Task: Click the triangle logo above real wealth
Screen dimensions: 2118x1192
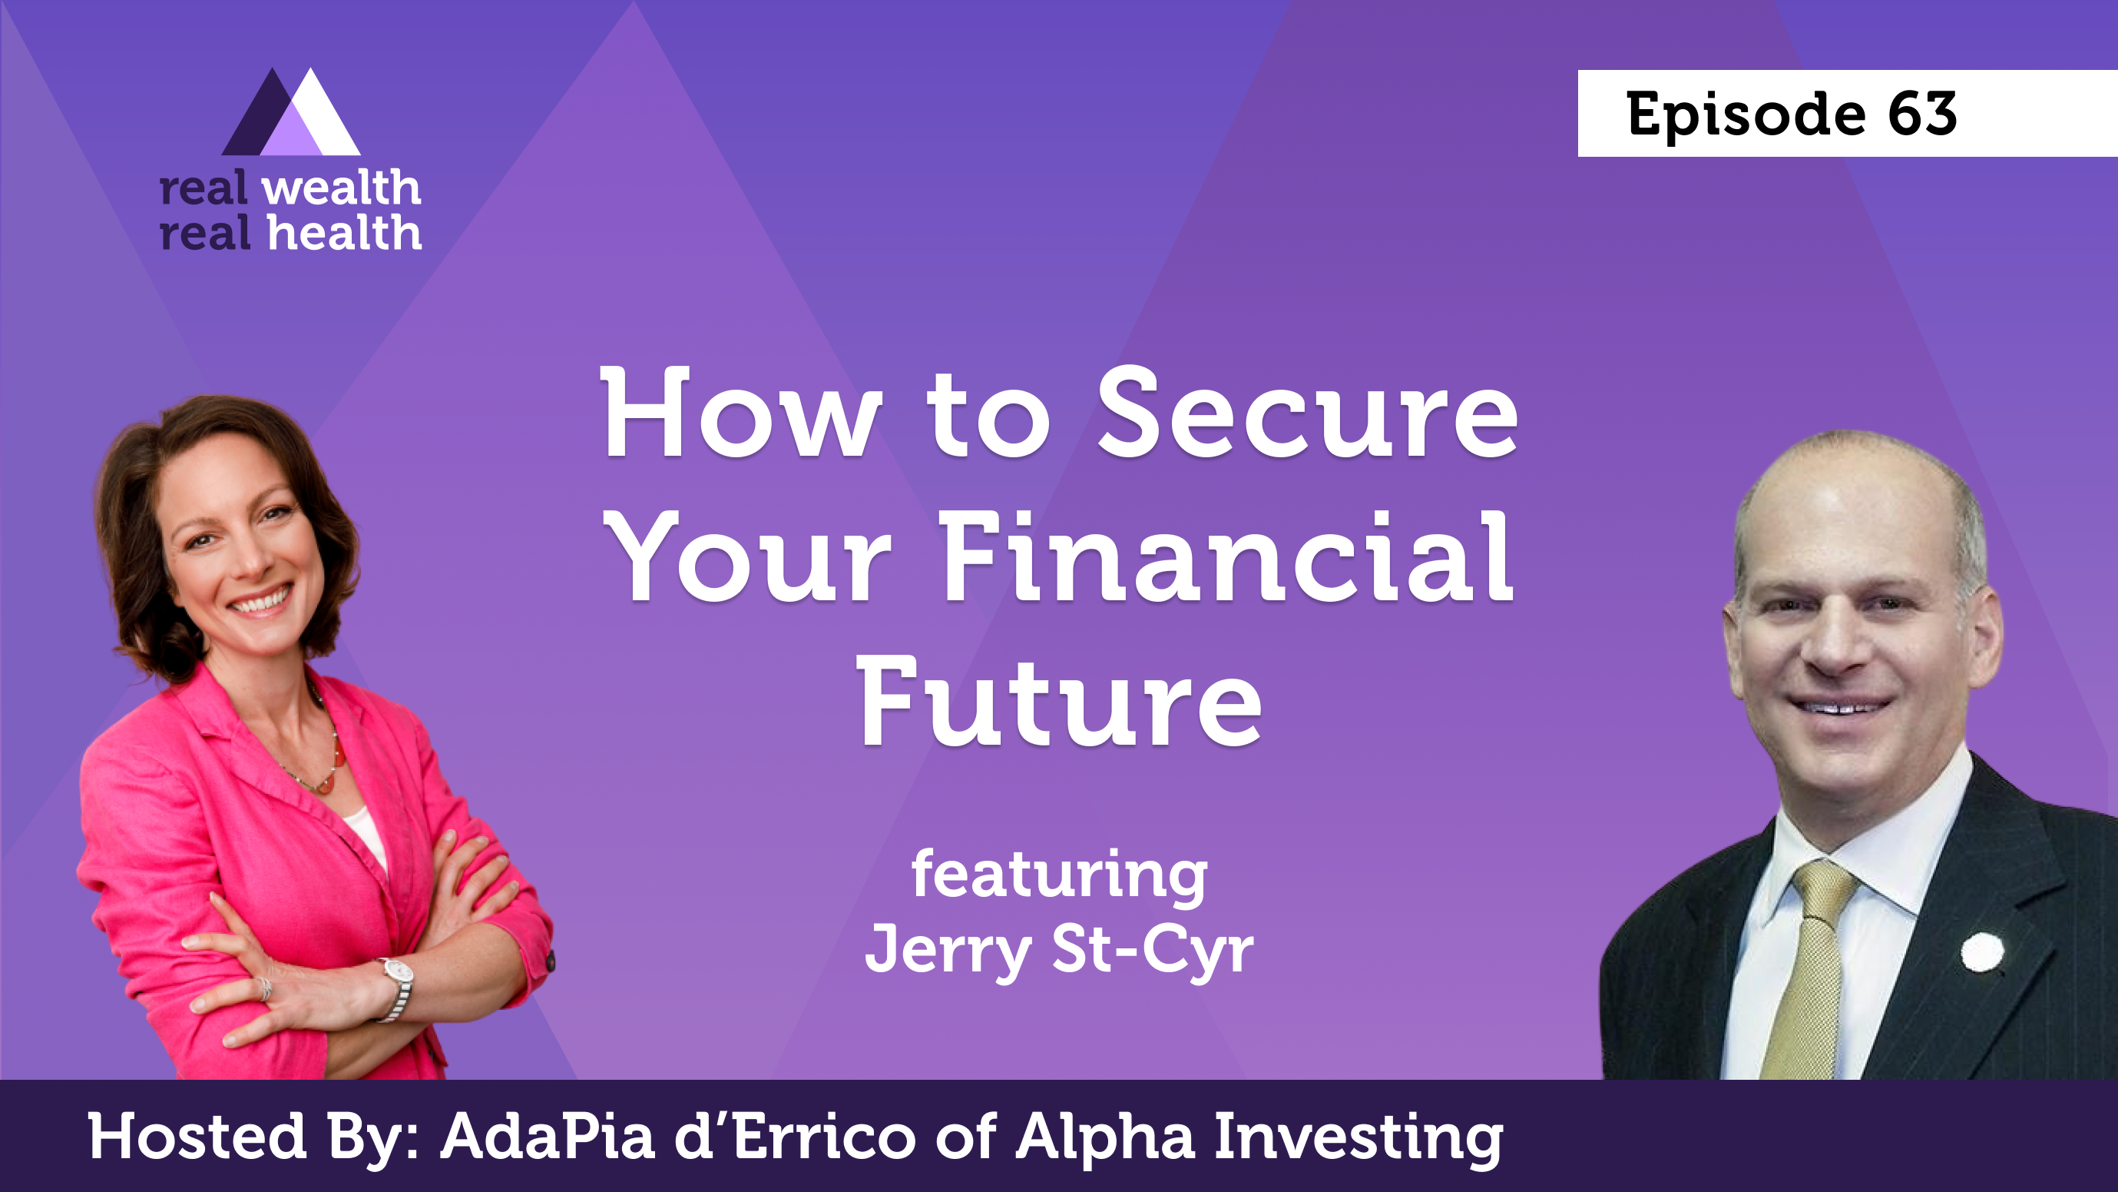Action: click(x=291, y=112)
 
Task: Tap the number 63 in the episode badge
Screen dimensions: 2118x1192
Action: click(x=1922, y=114)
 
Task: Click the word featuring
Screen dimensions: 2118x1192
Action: click(x=1059, y=877)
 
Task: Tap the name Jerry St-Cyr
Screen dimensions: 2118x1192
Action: click(x=1059, y=949)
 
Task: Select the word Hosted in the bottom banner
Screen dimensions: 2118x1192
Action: click(x=197, y=1136)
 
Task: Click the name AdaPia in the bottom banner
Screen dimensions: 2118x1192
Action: click(x=548, y=1136)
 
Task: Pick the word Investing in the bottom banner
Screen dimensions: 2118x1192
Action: click(x=1358, y=1138)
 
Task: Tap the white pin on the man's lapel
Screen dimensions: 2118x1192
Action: click(x=1982, y=951)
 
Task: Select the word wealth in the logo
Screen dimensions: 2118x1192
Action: click(x=341, y=188)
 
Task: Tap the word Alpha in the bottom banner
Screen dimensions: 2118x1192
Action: click(x=1105, y=1138)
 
